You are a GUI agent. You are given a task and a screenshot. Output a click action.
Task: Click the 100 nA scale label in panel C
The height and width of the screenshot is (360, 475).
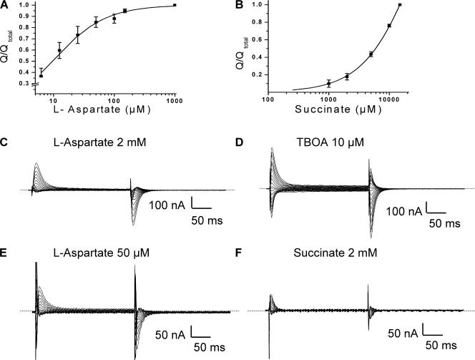coord(166,206)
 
